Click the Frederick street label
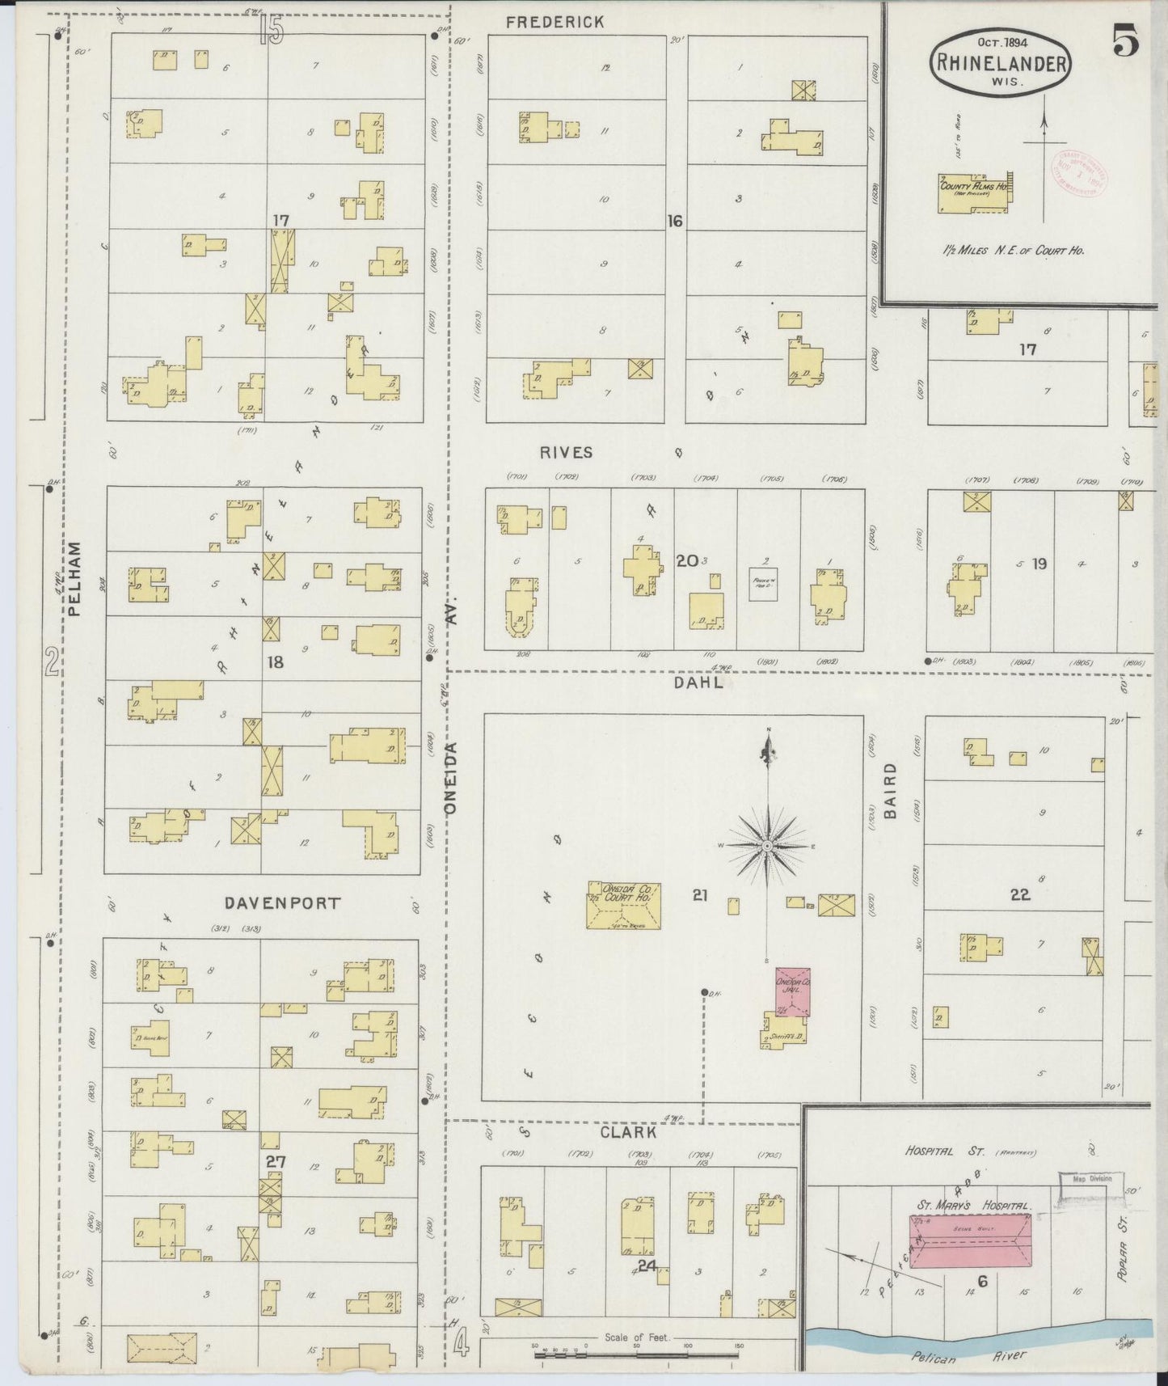pyautogui.click(x=554, y=23)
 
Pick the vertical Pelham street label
pyautogui.click(x=75, y=579)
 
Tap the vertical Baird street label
pyautogui.click(x=891, y=791)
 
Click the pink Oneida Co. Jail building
pyautogui.click(x=792, y=991)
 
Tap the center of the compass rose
pyautogui.click(x=768, y=846)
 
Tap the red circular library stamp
pyautogui.click(x=1077, y=170)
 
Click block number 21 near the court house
pyautogui.click(x=700, y=894)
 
